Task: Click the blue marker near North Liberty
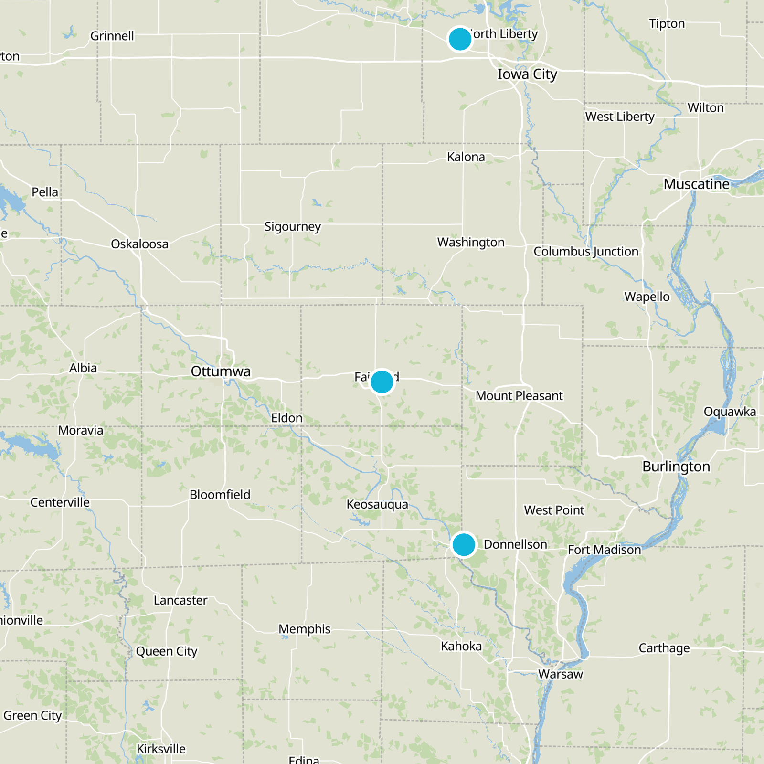[460, 39]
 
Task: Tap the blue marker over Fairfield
[382, 382]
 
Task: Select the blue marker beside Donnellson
[463, 544]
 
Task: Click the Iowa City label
[527, 74]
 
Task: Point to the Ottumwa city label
[221, 371]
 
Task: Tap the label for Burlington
[676, 467]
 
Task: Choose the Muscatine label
[696, 184]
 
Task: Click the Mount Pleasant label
[519, 396]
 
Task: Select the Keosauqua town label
[377, 504]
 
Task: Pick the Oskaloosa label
[139, 244]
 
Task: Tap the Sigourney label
[293, 226]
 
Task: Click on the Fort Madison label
[604, 550]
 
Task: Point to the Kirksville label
[161, 749]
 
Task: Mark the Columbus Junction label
[585, 252]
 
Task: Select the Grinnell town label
[112, 36]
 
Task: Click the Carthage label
[664, 648]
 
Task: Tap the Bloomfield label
[220, 495]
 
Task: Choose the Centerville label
[60, 502]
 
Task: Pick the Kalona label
[466, 157]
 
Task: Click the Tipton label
[667, 23]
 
